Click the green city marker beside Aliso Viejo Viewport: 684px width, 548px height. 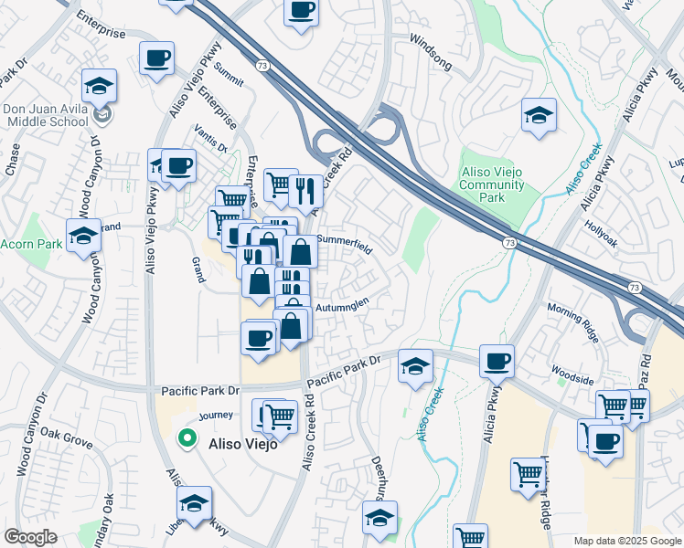coord(187,438)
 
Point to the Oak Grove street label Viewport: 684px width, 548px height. coord(66,437)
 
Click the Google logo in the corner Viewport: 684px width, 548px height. coord(30,537)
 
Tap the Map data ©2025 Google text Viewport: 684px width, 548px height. coord(626,541)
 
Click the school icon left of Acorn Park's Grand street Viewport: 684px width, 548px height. coord(83,235)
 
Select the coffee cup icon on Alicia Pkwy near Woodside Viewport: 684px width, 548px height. coord(497,361)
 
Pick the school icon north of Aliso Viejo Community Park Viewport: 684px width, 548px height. coord(539,114)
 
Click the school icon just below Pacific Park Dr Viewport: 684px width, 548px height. coord(415,366)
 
